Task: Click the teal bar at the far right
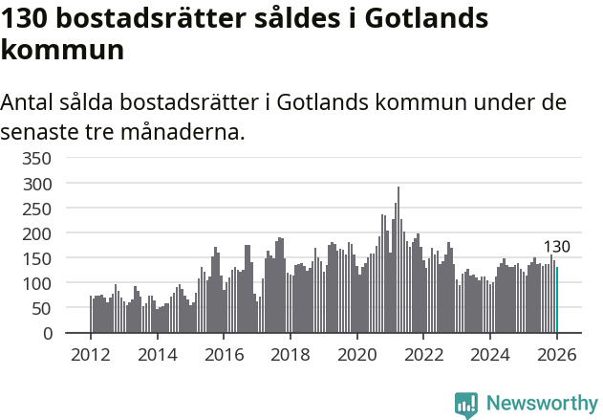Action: point(557,300)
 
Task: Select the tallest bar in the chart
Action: point(398,260)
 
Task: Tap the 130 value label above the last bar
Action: point(556,247)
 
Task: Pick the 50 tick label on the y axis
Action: point(43,309)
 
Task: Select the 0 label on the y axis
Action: point(48,334)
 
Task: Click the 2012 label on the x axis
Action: point(91,355)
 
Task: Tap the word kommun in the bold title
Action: point(62,50)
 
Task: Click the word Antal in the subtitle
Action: point(29,101)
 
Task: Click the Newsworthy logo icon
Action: point(466,404)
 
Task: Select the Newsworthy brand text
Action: point(541,404)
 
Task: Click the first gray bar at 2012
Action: point(91,315)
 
